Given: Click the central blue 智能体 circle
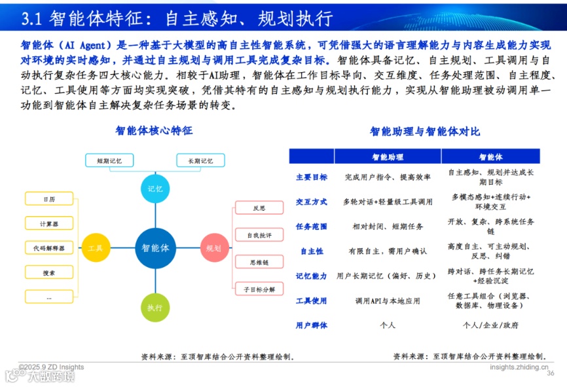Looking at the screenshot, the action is (x=156, y=248).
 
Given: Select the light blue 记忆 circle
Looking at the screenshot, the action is (x=155, y=189).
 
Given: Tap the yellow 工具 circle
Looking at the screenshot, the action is (x=96, y=248).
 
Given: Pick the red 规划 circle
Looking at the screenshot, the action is (x=213, y=248).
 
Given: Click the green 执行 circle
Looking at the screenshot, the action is (x=155, y=307).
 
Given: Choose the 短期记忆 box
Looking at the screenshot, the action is (x=109, y=160).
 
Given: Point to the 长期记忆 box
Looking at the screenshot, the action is (x=200, y=160).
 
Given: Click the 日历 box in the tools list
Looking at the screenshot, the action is (x=49, y=199).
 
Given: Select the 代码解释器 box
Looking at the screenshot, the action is (x=49, y=248).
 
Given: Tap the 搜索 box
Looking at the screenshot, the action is (x=49, y=272).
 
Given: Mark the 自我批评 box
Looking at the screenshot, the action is (x=259, y=234).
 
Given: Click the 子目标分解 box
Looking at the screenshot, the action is (x=259, y=289).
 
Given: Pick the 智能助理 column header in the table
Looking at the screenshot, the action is (x=388, y=157).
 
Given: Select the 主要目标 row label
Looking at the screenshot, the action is (x=312, y=177).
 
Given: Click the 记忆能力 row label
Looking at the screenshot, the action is (x=312, y=276).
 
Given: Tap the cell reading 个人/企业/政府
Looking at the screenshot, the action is (x=490, y=325).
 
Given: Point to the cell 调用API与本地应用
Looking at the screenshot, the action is (x=388, y=301).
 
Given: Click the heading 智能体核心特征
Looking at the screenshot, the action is (x=155, y=130).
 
